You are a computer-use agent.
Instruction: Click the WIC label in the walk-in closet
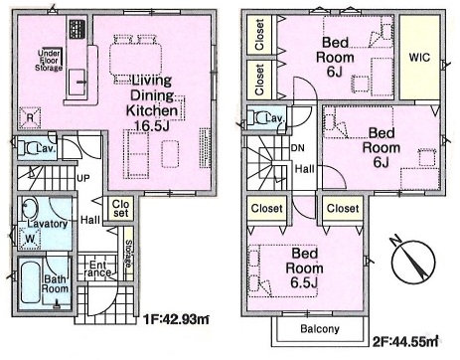pyautogui.click(x=419, y=57)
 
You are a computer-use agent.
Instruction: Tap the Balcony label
pyautogui.click(x=320, y=329)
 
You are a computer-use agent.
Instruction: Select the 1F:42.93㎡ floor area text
pyautogui.click(x=176, y=319)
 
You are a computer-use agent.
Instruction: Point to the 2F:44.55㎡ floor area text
pyautogui.click(x=405, y=341)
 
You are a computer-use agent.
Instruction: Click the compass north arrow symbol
pyautogui.click(x=412, y=260)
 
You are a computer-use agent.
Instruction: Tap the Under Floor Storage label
pyautogui.click(x=49, y=61)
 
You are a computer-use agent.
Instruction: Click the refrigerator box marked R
pyautogui.click(x=30, y=117)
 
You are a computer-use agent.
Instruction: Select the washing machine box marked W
pyautogui.click(x=30, y=239)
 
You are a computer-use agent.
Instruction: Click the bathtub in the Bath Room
pyautogui.click(x=31, y=282)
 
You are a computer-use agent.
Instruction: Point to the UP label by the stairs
pyautogui.click(x=82, y=178)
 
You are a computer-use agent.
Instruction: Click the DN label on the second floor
pyautogui.click(x=298, y=148)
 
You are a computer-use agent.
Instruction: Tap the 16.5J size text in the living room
pyautogui.click(x=152, y=125)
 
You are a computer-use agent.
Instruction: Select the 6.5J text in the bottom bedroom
pyautogui.click(x=304, y=282)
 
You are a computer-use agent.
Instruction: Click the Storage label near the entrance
pyautogui.click(x=128, y=254)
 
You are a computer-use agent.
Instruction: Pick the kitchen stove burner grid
pyautogui.click(x=77, y=30)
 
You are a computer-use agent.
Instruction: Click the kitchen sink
pyautogui.click(x=77, y=82)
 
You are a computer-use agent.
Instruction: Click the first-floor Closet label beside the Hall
pyautogui.click(x=120, y=209)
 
